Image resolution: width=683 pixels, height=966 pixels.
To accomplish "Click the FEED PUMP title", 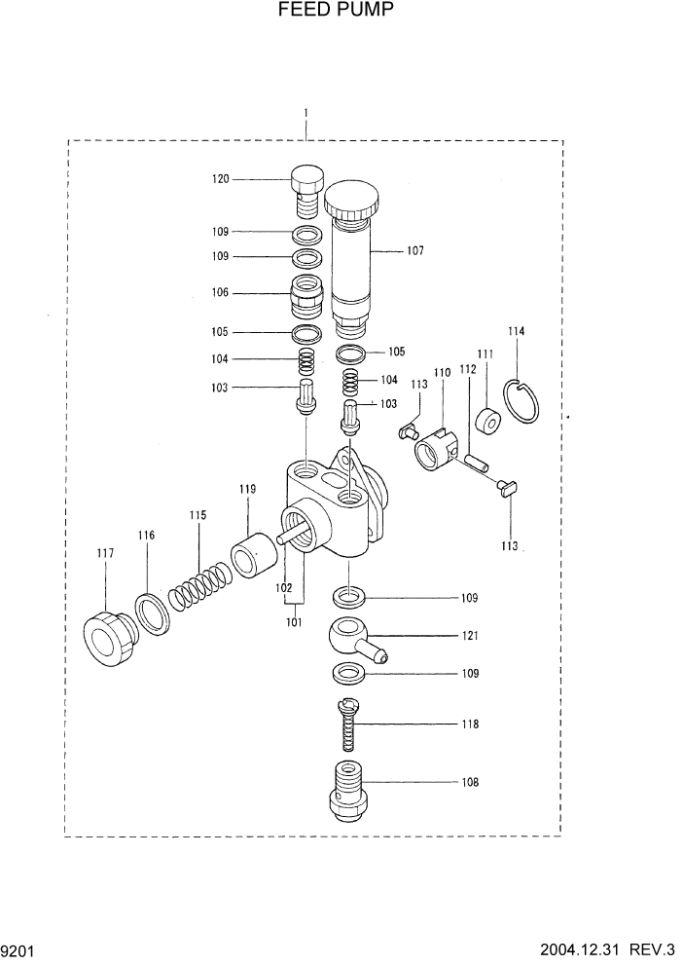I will pos(341,11).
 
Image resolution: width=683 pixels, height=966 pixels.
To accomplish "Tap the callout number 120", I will pos(220,178).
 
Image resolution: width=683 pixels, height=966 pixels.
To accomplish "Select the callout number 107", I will pos(415,250).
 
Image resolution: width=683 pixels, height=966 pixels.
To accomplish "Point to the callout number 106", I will pos(220,291).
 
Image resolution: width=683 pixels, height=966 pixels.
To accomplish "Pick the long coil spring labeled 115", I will pos(200,588).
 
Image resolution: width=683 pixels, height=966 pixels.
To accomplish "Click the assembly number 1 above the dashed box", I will pos(306,113).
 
